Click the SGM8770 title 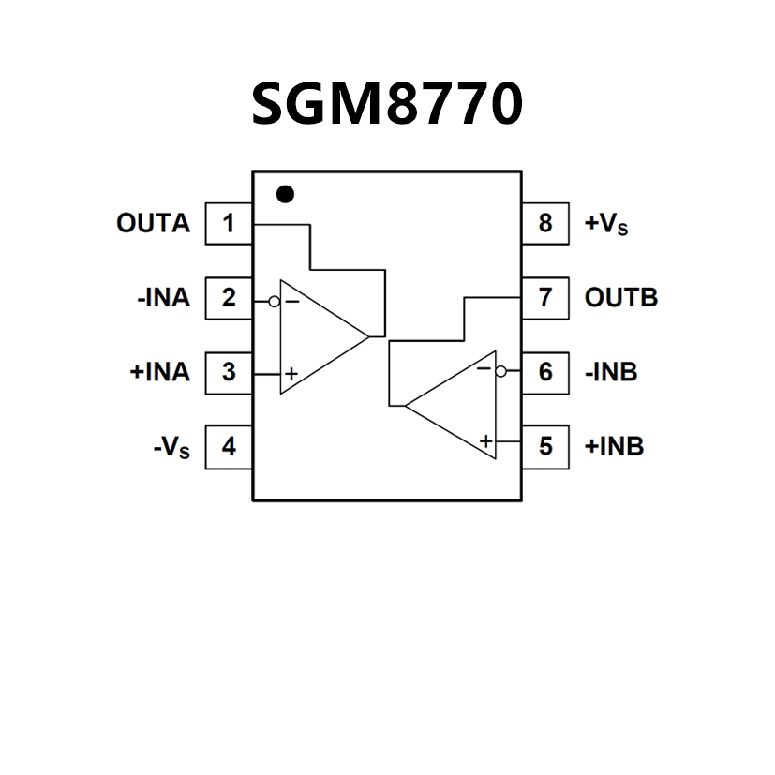pos(386,104)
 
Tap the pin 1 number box pos(229,224)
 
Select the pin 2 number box pos(229,299)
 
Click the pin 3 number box pos(229,372)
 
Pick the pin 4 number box pos(229,446)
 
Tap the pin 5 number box pos(545,446)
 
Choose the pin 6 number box pos(545,372)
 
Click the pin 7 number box pos(545,299)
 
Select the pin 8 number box pos(545,224)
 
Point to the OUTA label pos(153,224)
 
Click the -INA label pos(162,299)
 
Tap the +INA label pos(159,372)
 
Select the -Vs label pos(171,448)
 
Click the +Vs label pos(606,225)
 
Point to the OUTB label pos(620,299)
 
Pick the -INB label pos(611,372)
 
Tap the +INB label pos(614,446)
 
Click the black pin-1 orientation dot pos(286,194)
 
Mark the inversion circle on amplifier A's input pos(275,302)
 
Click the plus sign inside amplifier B pos(485,440)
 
